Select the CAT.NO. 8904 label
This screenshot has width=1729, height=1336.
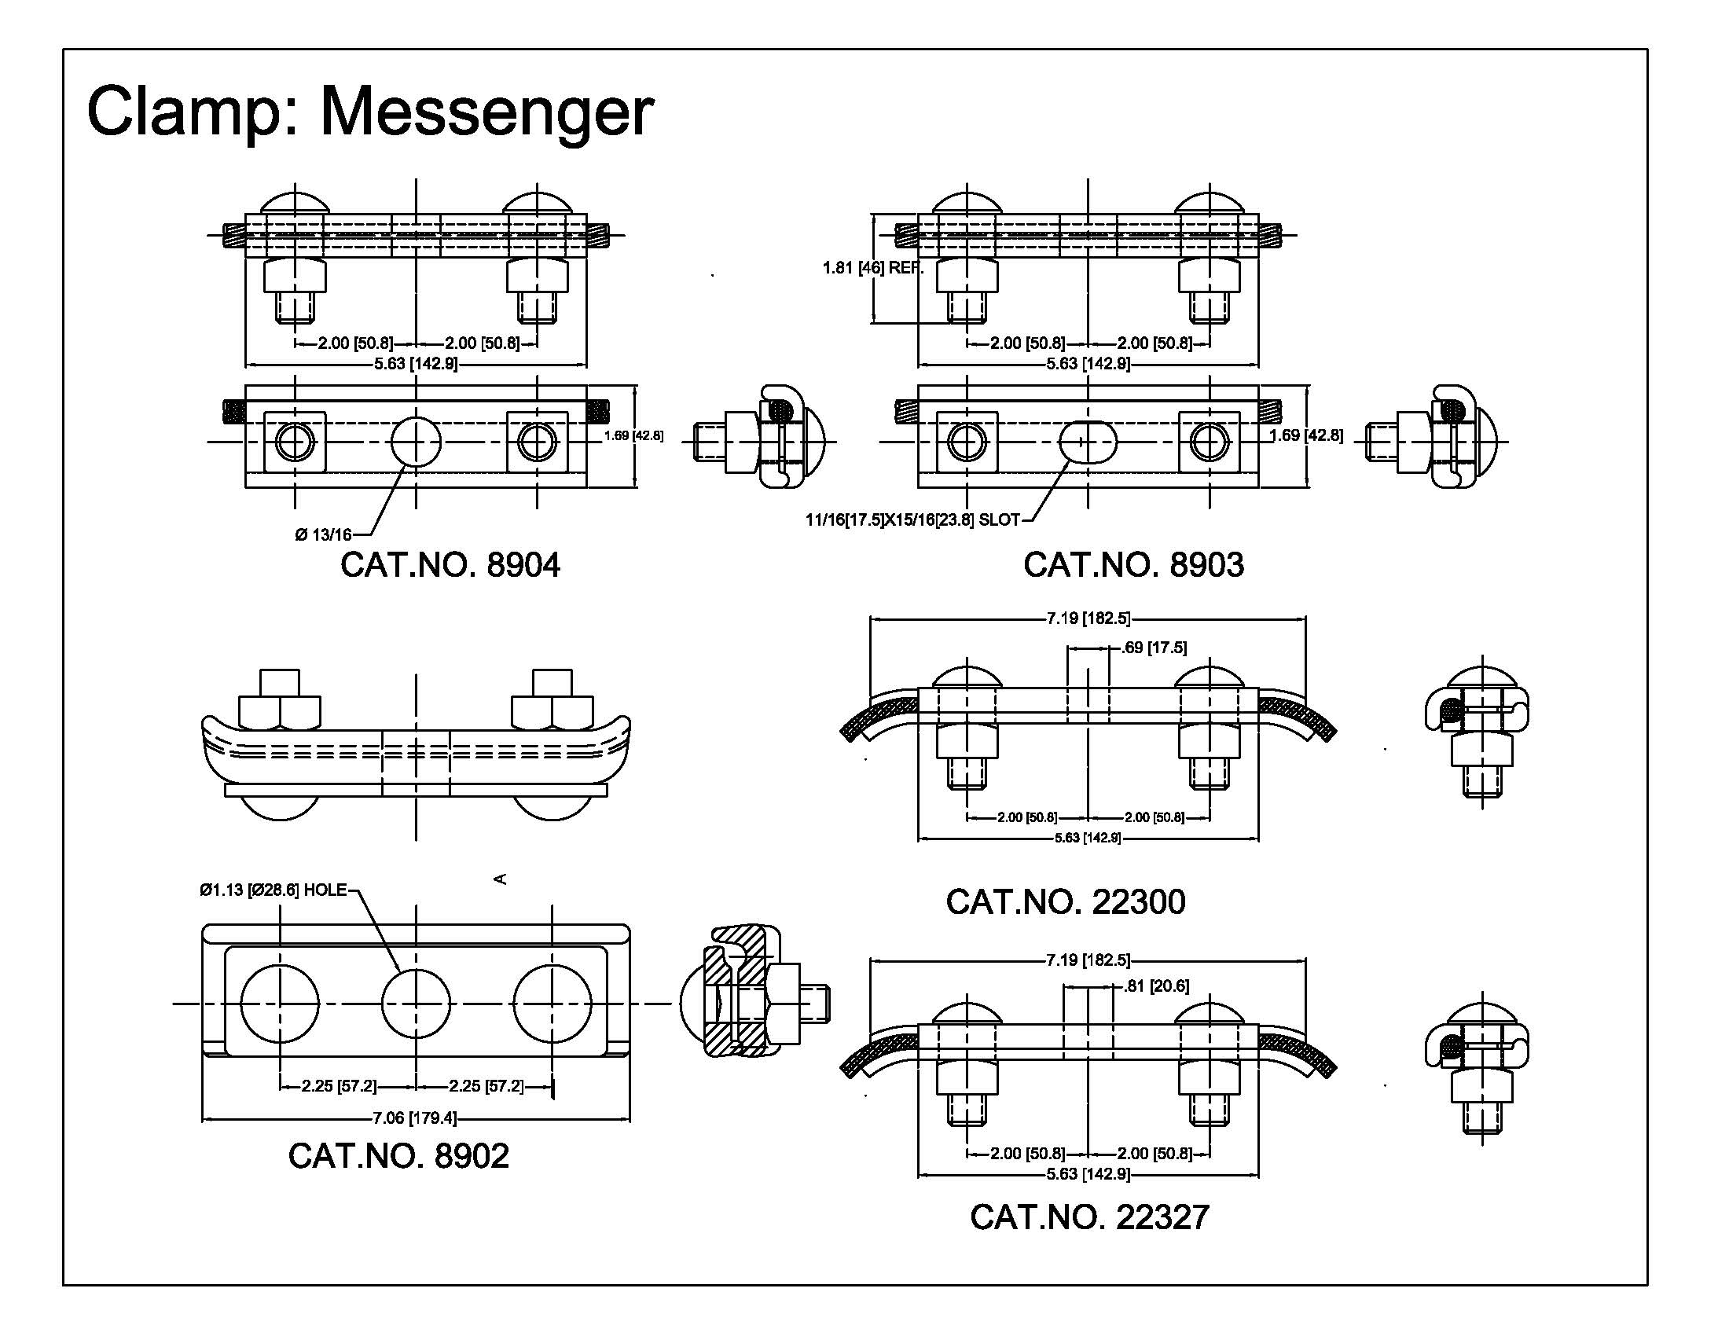[450, 565]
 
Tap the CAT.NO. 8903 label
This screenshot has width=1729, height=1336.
[1132, 565]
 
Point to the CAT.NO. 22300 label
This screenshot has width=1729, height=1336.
[1065, 901]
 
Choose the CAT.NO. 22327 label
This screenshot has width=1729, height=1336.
[1089, 1217]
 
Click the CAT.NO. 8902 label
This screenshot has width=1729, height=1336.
[398, 1155]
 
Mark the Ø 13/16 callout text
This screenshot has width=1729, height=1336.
[323, 535]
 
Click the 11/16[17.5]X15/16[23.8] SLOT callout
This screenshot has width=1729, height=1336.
[912, 520]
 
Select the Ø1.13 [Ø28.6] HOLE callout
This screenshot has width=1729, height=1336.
[273, 890]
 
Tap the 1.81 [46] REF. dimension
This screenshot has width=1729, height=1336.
[872, 267]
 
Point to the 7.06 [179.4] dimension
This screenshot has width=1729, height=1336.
[415, 1118]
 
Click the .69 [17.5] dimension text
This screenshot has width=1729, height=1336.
[1155, 648]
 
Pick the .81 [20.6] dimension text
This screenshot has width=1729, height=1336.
[1157, 985]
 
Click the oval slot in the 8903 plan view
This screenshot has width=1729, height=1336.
[1088, 442]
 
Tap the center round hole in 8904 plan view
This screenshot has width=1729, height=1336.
[417, 442]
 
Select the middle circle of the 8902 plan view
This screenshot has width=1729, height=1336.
[417, 1004]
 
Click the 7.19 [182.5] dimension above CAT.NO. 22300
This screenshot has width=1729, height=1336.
[1088, 618]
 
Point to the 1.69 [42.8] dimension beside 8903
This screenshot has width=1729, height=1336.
[1306, 435]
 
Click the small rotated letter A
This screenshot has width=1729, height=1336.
[500, 879]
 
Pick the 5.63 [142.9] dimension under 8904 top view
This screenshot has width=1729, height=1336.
[415, 364]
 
